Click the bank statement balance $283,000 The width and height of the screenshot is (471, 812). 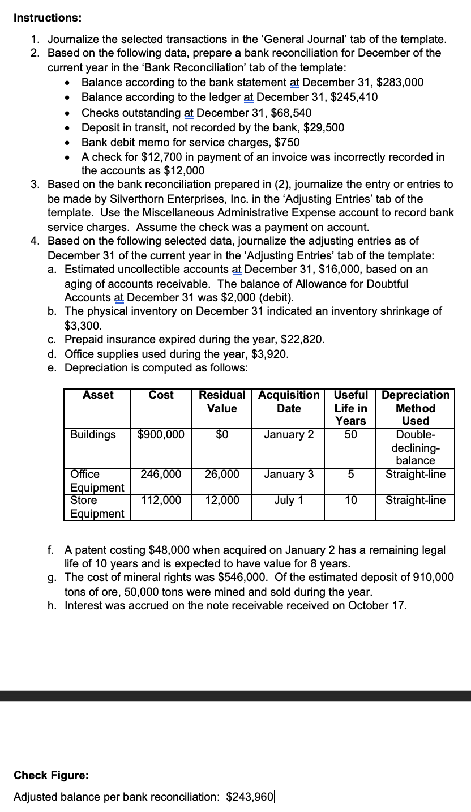tap(400, 82)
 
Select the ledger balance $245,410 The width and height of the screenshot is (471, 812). tap(355, 97)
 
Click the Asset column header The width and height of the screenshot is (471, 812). tap(97, 395)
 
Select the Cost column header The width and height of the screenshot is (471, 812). tap(161, 395)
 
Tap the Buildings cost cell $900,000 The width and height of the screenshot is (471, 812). tap(161, 434)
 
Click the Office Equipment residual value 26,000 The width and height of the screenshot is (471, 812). tap(221, 474)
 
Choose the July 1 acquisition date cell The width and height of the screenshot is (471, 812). tap(288, 500)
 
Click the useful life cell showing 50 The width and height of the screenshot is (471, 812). tap(349, 434)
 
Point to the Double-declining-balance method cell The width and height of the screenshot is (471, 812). tap(414, 447)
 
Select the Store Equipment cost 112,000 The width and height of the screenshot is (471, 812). tap(161, 500)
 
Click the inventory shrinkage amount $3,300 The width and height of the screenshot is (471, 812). tap(84, 325)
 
